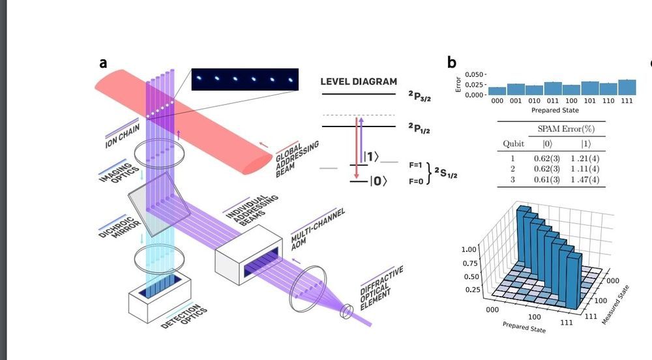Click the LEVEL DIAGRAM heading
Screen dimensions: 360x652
click(358, 82)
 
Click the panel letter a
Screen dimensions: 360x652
click(103, 63)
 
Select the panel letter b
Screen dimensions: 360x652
click(452, 63)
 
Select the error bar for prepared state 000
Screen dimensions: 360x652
click(497, 91)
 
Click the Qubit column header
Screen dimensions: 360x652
click(513, 143)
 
